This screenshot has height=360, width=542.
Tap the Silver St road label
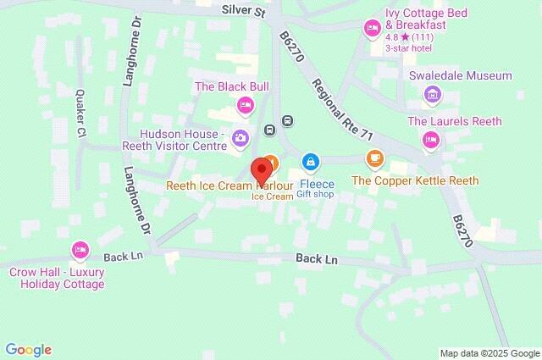click(x=243, y=9)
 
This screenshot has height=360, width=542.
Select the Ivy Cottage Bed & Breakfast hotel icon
click(x=371, y=30)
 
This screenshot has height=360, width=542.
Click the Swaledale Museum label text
click(x=460, y=75)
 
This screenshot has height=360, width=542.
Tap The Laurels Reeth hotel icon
click(x=431, y=139)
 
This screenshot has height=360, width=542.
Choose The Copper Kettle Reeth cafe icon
click(x=374, y=158)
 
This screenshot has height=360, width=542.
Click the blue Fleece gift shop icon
click(x=311, y=161)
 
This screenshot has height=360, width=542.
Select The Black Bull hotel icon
click(x=245, y=104)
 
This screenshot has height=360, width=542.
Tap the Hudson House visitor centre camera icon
click(x=241, y=137)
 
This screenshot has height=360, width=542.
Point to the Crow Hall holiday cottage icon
click(x=81, y=249)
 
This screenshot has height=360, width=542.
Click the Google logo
click(x=29, y=349)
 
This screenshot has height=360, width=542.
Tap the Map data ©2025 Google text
click(x=489, y=352)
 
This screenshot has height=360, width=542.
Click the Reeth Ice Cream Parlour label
click(x=231, y=185)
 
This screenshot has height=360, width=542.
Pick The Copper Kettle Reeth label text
click(x=415, y=180)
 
